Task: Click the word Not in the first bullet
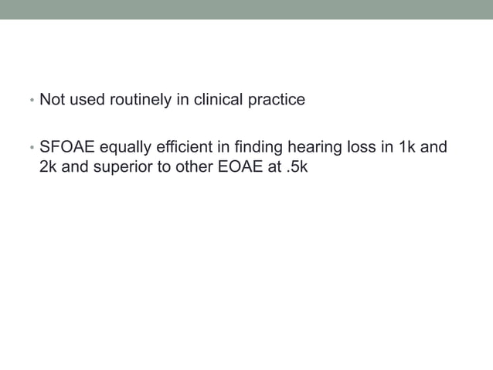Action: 52,100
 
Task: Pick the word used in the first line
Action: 83,100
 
